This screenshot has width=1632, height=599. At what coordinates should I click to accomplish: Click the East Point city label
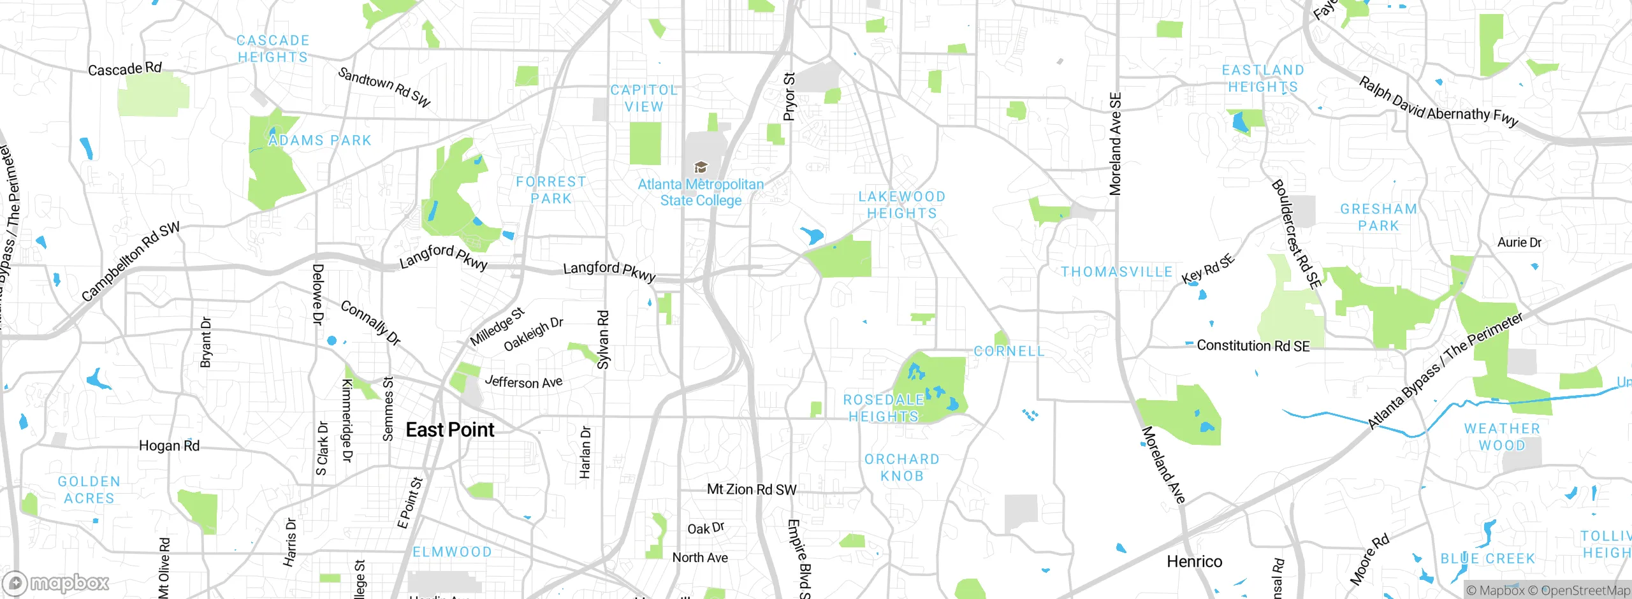coord(450,430)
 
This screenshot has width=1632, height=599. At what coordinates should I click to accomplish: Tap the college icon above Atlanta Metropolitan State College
coord(701,168)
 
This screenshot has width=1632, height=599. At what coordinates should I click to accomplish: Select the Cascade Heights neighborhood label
coord(273,49)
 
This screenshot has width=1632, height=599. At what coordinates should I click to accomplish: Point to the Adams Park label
coord(320,141)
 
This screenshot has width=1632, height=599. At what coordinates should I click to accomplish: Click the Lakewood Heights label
coord(901,205)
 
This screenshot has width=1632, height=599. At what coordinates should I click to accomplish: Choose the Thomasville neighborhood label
coord(1116,272)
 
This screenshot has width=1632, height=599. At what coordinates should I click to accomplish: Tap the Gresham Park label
coord(1378,217)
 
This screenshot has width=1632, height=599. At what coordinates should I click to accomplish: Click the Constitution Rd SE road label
coord(1253,346)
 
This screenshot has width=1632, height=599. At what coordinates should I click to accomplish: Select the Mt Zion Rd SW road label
coord(752,489)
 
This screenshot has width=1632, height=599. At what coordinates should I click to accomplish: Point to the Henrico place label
coord(1194,561)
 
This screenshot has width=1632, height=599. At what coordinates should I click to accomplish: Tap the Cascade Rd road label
coord(125,69)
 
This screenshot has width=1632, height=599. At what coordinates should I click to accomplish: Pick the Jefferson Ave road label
coord(523,382)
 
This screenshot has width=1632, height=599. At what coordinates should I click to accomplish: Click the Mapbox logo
coord(56,582)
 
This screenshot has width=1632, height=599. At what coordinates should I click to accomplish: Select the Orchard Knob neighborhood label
coord(901,468)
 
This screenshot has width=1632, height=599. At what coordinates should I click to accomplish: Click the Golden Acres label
coord(89,490)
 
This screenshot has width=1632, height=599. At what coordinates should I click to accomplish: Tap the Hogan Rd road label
coord(169,446)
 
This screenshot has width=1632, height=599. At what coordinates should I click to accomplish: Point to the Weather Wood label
coord(1502,437)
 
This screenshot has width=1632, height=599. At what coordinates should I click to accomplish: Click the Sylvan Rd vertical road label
coord(602,340)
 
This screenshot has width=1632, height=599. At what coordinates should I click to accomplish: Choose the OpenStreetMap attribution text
coord(1585,591)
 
